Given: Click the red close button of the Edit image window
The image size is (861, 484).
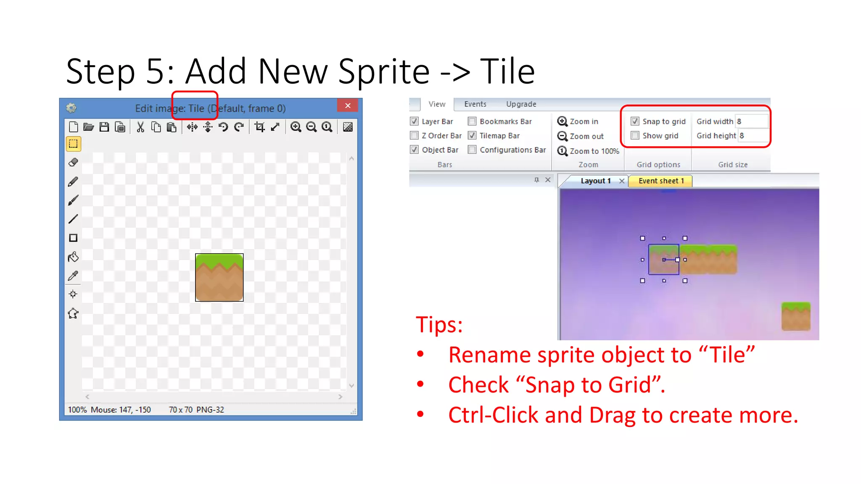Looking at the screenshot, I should click(348, 105).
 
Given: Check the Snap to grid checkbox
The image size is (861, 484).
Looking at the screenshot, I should click(635, 121).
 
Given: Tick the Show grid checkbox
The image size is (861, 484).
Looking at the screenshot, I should click(635, 135).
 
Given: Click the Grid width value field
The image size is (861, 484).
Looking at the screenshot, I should click(751, 121).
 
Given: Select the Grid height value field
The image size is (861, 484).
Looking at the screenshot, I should click(753, 136).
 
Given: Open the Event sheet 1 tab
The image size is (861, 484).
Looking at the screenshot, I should click(661, 181).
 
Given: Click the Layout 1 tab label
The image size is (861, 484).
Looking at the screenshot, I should click(595, 181).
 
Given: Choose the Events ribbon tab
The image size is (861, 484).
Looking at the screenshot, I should click(475, 104).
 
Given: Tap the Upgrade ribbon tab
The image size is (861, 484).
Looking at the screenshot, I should click(521, 104).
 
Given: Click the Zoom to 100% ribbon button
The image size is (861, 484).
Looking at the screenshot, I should click(588, 151).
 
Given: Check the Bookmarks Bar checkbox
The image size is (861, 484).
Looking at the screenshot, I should click(473, 121).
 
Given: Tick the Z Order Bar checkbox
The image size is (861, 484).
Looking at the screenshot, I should click(415, 135).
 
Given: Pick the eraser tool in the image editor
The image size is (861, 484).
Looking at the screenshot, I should click(73, 162).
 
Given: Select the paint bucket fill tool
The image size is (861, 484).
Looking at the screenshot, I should click(73, 257).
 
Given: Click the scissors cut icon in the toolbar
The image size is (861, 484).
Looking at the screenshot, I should click(140, 127).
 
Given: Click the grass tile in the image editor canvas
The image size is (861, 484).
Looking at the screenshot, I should click(219, 277).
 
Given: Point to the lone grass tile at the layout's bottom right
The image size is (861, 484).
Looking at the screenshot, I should click(796, 316).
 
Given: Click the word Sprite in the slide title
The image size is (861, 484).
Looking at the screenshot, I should click(383, 71).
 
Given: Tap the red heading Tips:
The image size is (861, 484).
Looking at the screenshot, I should click(439, 325).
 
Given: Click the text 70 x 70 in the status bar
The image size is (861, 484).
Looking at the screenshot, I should click(180, 410).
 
